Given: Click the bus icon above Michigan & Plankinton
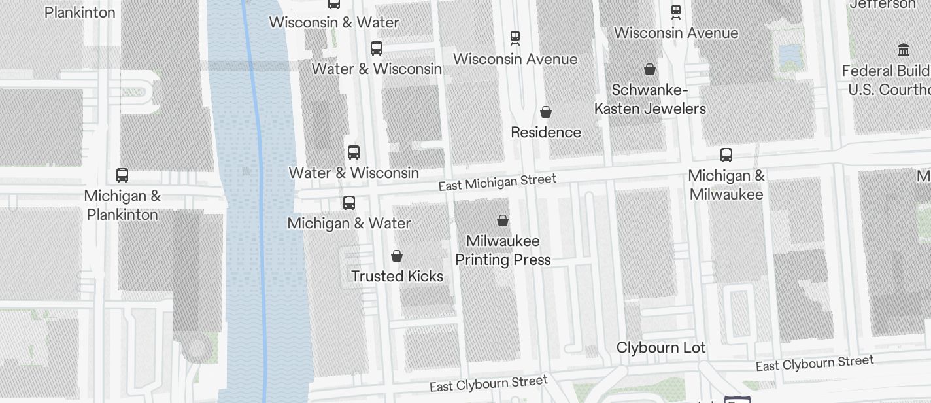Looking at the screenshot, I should (122, 175).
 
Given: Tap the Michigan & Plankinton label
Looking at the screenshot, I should (122, 205).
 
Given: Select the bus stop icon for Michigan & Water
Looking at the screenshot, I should (349, 203).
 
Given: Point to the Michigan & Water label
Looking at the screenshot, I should (349, 223).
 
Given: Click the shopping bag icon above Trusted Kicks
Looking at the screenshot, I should (396, 255).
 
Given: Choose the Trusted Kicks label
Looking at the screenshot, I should (397, 276).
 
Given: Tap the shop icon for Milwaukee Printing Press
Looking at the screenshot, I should (503, 220).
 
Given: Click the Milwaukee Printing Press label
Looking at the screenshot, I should (503, 250).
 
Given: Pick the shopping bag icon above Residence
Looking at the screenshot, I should (546, 112).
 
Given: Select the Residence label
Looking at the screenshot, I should (546, 132).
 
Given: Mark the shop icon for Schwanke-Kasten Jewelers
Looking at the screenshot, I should (650, 69).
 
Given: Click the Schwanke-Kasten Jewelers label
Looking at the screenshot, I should (650, 99).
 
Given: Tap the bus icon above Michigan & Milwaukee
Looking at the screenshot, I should (726, 155).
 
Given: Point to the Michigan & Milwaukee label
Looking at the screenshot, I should (726, 184).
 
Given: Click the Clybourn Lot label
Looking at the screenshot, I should (661, 347).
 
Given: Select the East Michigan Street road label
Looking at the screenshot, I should (497, 183).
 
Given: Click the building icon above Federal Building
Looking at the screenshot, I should (904, 50).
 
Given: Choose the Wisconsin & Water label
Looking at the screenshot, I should (333, 22).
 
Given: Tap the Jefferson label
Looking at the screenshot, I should (883, 5).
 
